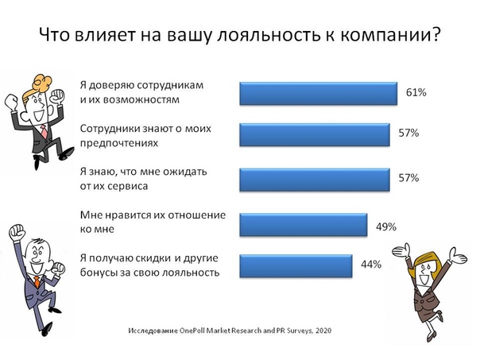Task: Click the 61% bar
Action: click(x=319, y=93)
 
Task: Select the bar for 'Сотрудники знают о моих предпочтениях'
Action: click(x=315, y=134)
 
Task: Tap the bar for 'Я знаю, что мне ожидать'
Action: click(x=315, y=180)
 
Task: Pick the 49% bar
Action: click(x=304, y=225)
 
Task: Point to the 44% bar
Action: click(x=296, y=266)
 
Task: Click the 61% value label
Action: click(x=416, y=92)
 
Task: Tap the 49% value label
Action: click(x=386, y=226)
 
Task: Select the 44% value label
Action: click(x=371, y=264)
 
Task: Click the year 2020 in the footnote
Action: click(x=323, y=331)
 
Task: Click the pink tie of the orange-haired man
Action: click(x=44, y=132)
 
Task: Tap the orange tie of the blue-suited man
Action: click(x=37, y=282)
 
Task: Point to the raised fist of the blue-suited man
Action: click(x=16, y=232)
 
